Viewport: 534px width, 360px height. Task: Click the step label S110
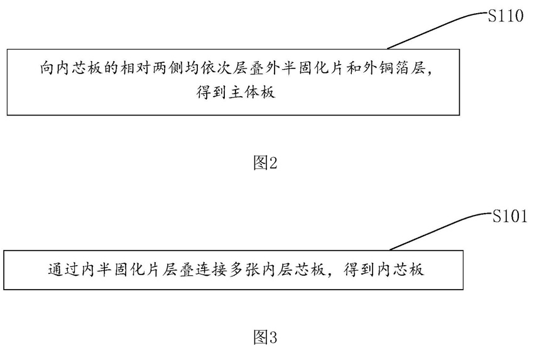pos(506,17)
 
